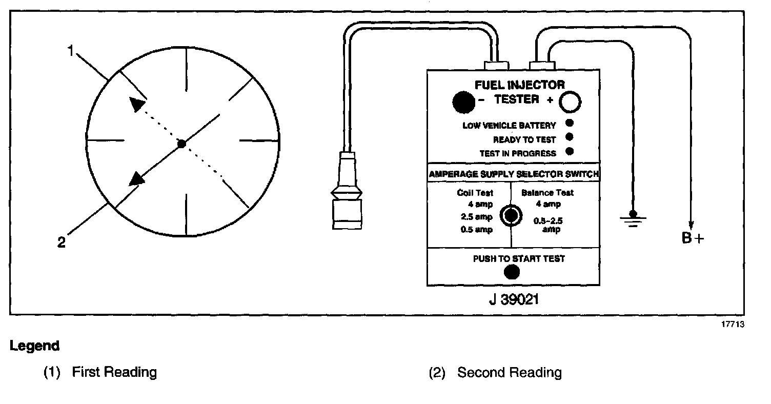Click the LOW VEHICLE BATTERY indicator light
569,123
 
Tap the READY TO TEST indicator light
569,137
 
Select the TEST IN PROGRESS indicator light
569,152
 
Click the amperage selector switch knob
511,215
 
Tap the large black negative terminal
463,102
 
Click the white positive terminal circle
570,102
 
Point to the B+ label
693,238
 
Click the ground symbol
633,217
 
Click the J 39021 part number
514,299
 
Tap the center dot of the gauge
181,144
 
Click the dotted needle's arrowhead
137,104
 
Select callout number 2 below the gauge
62,243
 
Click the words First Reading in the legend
114,372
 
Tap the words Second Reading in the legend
509,373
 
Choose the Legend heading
34,346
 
